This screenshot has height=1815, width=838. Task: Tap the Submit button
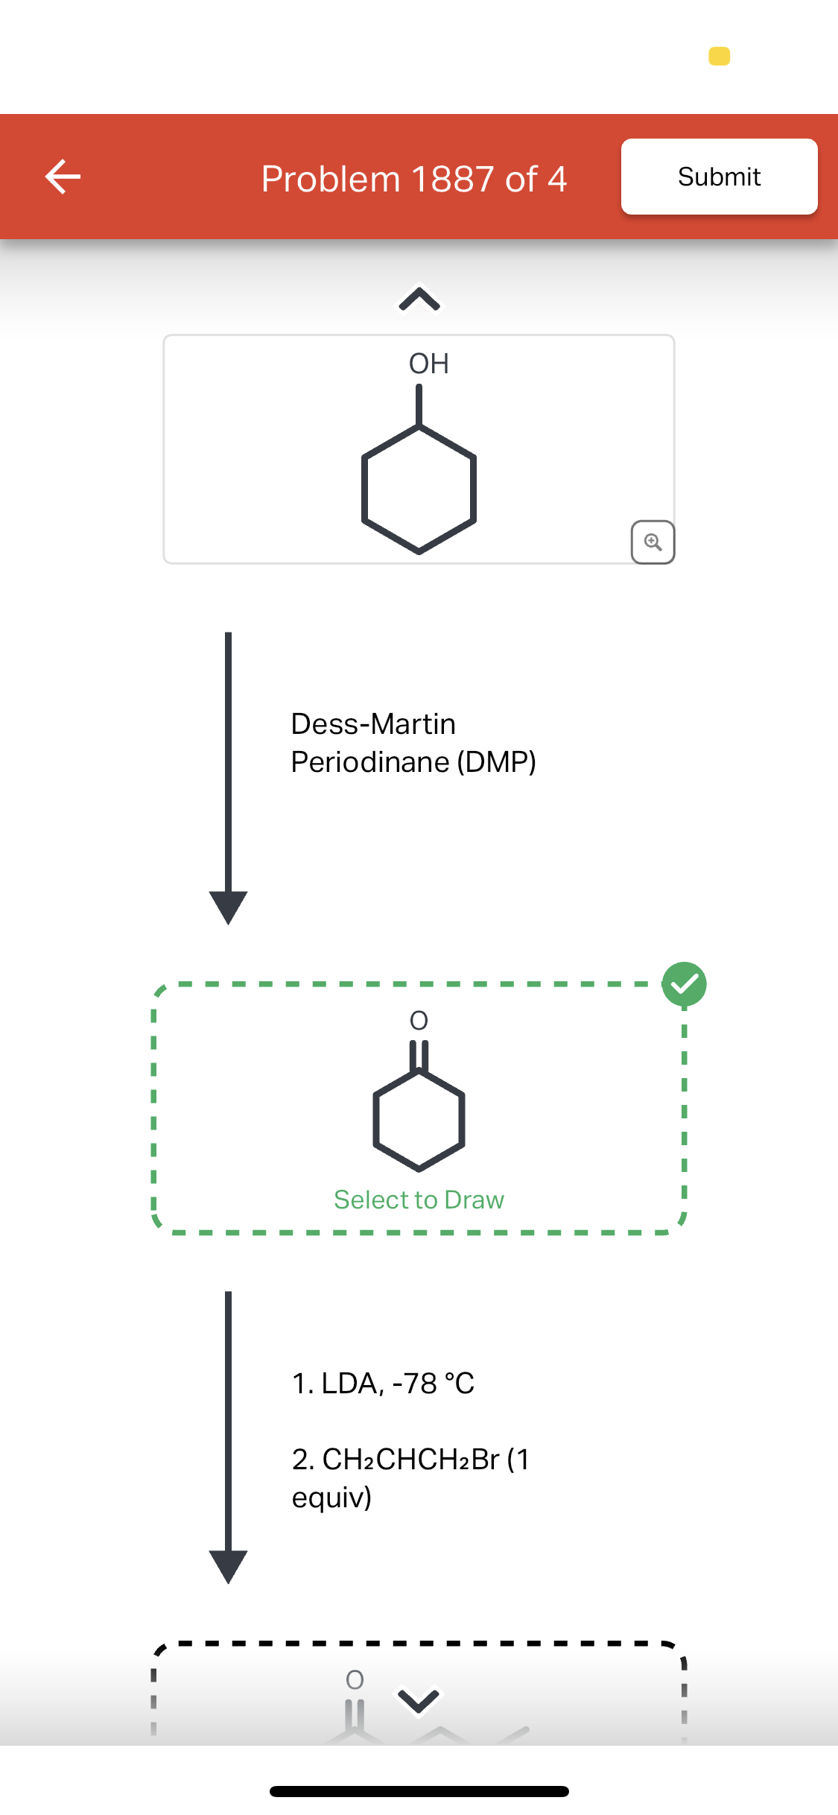719,177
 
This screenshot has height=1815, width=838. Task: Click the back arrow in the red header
63,177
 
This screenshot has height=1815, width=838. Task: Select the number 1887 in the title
451,179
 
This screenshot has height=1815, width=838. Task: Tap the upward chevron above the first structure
419,299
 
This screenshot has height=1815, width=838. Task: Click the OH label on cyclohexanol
429,364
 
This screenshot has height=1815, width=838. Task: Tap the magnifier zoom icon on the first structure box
653,542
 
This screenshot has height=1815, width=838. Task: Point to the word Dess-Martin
373,723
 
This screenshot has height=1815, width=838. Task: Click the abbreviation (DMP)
496,762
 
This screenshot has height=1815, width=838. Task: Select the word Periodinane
370,762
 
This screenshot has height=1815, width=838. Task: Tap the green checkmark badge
685,984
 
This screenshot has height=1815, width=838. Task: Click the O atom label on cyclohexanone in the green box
419,1020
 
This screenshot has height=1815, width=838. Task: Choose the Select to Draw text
419,1200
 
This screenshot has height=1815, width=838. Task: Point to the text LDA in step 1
353,1384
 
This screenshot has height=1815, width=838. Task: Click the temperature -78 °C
434,1384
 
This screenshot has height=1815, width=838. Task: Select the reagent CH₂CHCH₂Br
411,1460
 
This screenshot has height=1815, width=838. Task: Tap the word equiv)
331,1498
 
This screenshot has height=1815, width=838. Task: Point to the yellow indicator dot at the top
720,56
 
